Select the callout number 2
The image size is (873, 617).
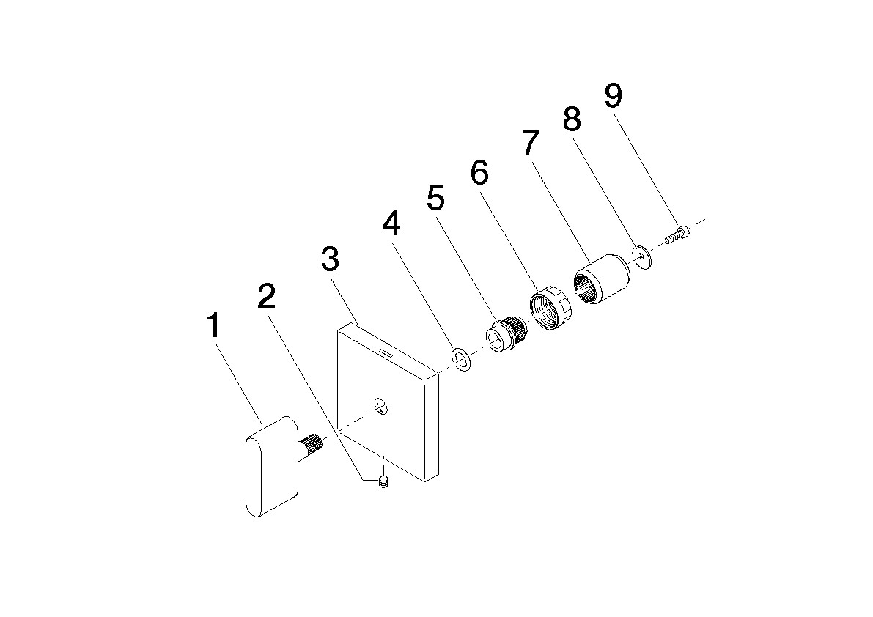[x=267, y=296]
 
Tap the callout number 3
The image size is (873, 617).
[x=330, y=259]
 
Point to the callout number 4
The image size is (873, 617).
[x=391, y=223]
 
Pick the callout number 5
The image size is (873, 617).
[x=436, y=198]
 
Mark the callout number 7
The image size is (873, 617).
[x=531, y=142]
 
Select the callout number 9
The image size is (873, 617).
[x=613, y=96]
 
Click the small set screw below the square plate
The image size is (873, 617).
[x=383, y=482]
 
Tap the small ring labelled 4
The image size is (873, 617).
[x=461, y=359]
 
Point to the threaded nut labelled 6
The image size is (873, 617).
[x=548, y=308]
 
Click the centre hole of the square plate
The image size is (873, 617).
[x=382, y=405]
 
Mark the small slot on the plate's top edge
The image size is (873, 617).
[x=385, y=352]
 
